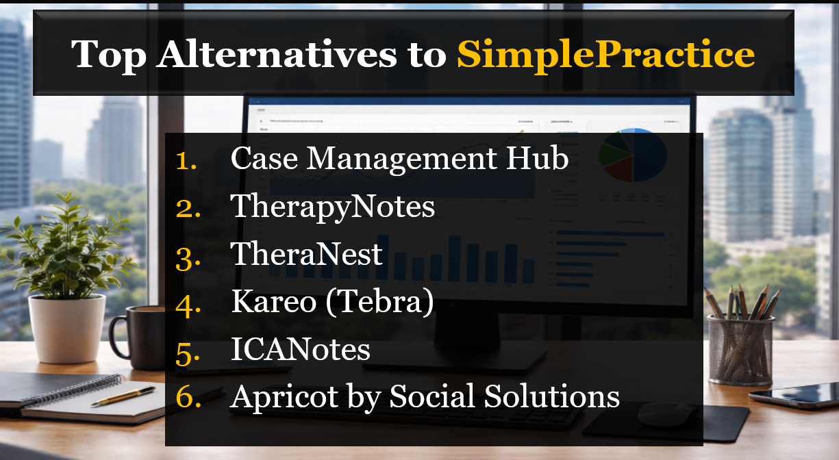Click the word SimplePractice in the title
pyautogui.click(x=605, y=55)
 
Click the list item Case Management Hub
pyautogui.click(x=399, y=159)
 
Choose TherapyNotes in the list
pyautogui.click(x=333, y=207)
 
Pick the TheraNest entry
pyautogui.click(x=306, y=255)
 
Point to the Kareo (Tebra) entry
pyautogui.click(x=332, y=302)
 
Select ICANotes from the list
pyautogui.click(x=301, y=350)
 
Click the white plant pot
pyautogui.click(x=66, y=328)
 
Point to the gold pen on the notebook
pyautogui.click(x=123, y=396)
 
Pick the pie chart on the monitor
pyautogui.click(x=634, y=155)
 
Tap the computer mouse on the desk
pyautogui.click(x=660, y=413)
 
